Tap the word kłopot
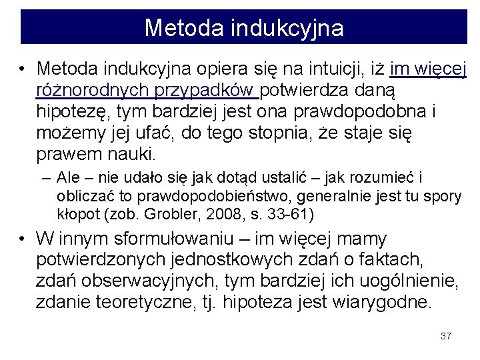point(76,214)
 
